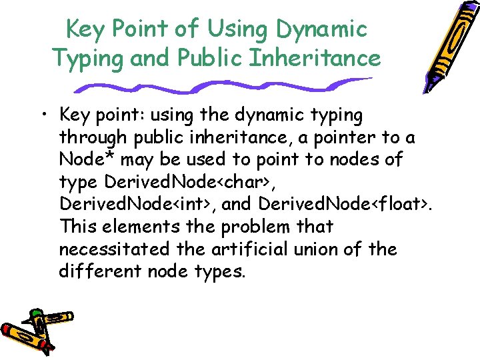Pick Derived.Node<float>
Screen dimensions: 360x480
[x=343, y=205]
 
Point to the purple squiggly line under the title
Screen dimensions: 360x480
[x=220, y=86]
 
